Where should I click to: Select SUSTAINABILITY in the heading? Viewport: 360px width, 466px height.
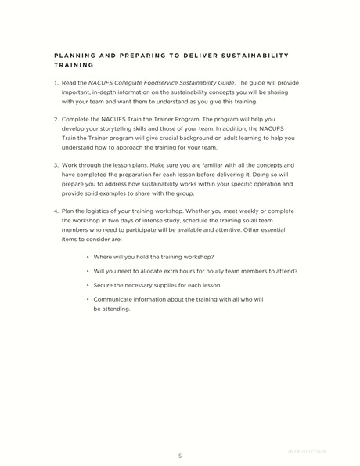254,56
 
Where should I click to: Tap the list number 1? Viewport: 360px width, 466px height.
56,82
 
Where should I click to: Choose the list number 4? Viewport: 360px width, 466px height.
56,211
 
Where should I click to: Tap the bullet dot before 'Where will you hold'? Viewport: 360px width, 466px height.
88,257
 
